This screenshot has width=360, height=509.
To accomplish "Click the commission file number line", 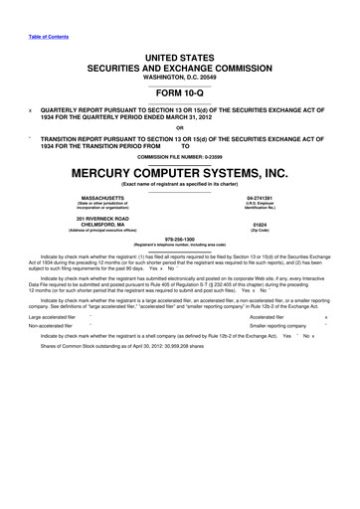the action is [179, 156].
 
